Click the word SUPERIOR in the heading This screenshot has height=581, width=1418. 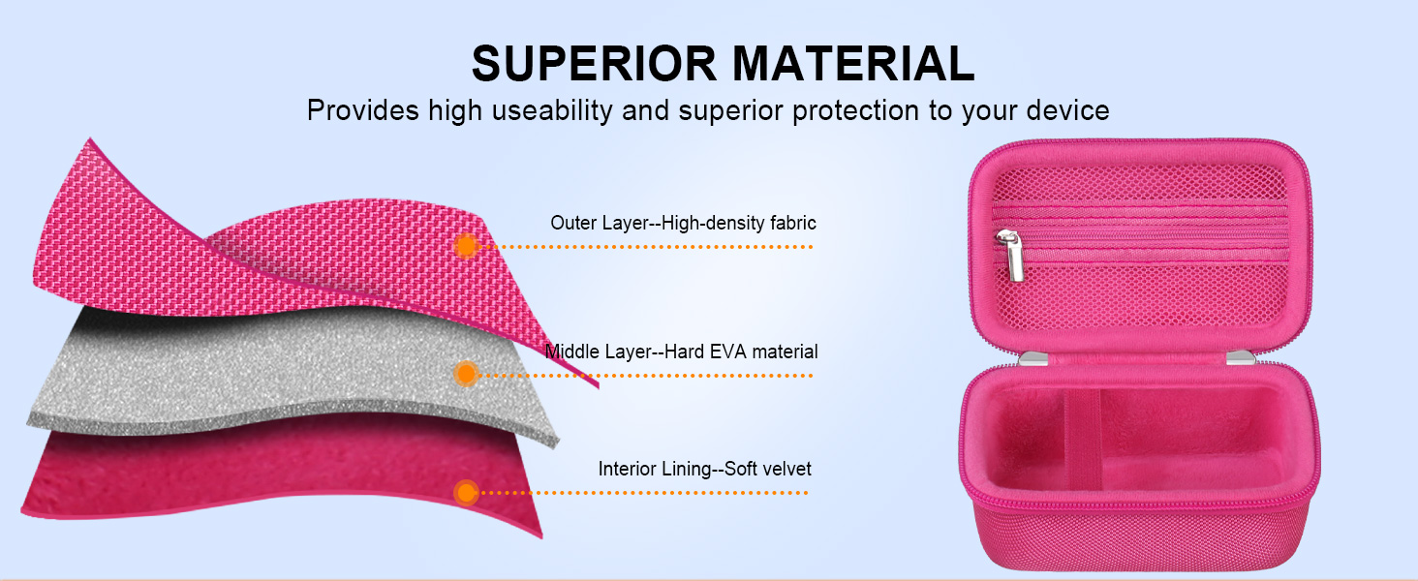(x=594, y=64)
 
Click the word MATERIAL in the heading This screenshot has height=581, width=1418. (x=853, y=64)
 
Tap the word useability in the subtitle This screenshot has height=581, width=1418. (x=553, y=110)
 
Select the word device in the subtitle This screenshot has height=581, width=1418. (x=1068, y=110)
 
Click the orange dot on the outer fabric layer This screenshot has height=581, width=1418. (x=466, y=246)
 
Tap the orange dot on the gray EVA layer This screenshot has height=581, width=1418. (x=466, y=374)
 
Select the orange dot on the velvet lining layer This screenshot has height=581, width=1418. (x=466, y=492)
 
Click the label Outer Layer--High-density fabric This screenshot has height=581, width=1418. (x=683, y=223)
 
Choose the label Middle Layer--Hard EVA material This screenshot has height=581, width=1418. (x=681, y=352)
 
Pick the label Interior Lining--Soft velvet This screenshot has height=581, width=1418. (x=704, y=469)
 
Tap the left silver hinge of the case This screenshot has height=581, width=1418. (x=1033, y=359)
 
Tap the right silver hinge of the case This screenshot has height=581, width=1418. (x=1241, y=358)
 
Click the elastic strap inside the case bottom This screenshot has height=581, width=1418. (x=1082, y=438)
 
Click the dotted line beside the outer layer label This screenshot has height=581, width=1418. (x=646, y=246)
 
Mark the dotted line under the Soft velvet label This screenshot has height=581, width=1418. (x=644, y=492)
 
